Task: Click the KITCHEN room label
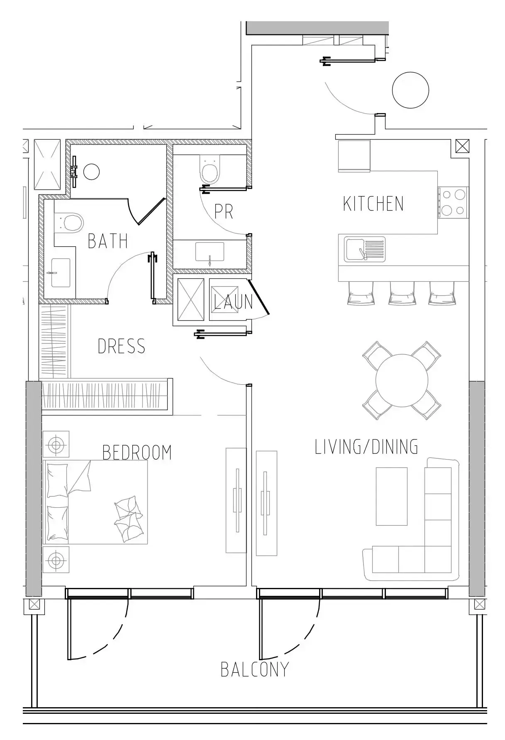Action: click(x=373, y=204)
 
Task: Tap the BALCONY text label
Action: click(x=254, y=669)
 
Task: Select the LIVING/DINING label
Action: click(x=366, y=447)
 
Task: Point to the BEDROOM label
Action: click(x=137, y=452)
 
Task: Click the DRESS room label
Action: click(x=122, y=346)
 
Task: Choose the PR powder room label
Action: click(x=224, y=211)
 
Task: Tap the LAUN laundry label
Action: click(x=233, y=302)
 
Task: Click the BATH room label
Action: click(x=108, y=241)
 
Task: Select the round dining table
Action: click(x=402, y=380)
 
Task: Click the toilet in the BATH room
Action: click(x=69, y=221)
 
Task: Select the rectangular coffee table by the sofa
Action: click(x=391, y=496)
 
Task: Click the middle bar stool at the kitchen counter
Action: click(x=401, y=293)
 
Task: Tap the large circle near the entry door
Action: click(x=410, y=90)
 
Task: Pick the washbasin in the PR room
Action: click(x=210, y=252)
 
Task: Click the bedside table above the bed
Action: click(x=56, y=444)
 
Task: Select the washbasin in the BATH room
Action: click(x=61, y=273)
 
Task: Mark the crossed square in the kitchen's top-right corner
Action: click(x=462, y=146)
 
